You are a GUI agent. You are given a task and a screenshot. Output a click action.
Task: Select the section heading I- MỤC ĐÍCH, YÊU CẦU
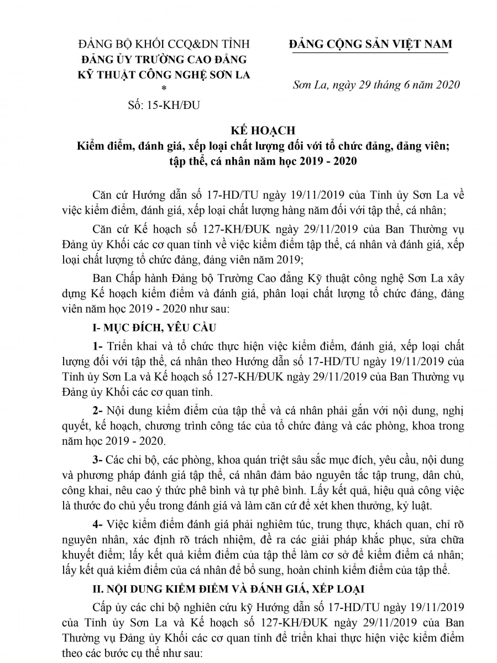155,328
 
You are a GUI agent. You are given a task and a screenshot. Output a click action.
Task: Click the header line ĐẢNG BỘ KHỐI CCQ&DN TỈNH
164,44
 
